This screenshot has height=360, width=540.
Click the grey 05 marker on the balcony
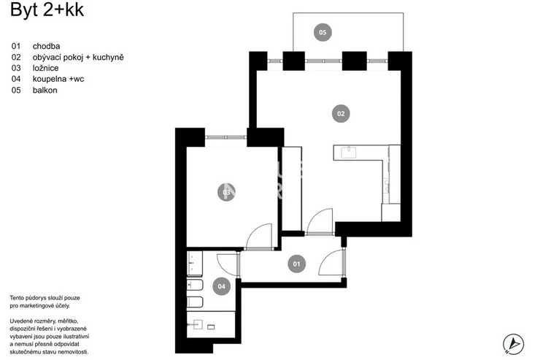point(323,32)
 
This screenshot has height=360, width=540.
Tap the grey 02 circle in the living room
point(341,114)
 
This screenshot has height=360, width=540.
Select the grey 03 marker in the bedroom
point(227,192)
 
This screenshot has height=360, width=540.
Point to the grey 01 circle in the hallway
point(296,264)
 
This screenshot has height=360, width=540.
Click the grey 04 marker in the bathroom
point(221,286)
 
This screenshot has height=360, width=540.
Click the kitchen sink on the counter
point(349,152)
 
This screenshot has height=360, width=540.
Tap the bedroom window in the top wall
point(226,137)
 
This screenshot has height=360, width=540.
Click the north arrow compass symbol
point(514,344)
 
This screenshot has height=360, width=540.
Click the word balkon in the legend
point(45,91)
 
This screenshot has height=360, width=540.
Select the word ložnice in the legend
point(45,68)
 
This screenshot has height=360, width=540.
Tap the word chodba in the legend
point(46,46)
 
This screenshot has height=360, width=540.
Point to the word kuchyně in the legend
point(108,57)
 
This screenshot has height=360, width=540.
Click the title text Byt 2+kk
point(47,9)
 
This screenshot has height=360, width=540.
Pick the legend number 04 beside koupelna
point(16,79)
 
